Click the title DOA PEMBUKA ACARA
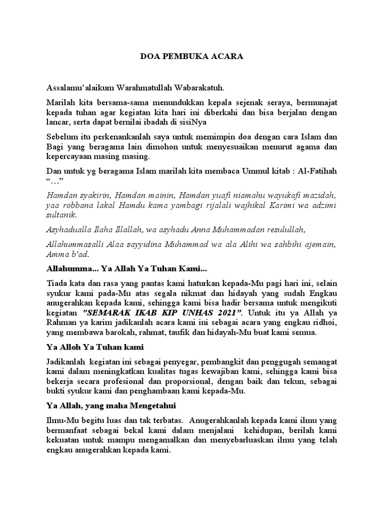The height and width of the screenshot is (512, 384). pos(191,56)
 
